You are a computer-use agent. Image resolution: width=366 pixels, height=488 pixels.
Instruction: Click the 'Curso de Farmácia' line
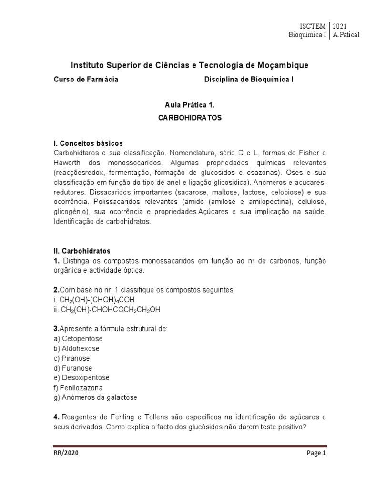(86, 80)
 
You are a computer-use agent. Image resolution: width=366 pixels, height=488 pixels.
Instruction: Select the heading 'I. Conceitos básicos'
(88, 143)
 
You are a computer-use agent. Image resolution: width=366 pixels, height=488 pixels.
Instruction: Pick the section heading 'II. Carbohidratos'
(82, 250)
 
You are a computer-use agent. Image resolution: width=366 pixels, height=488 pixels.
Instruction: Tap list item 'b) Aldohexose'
(76, 348)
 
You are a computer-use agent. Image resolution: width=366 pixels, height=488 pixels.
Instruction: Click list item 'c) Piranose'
(71, 358)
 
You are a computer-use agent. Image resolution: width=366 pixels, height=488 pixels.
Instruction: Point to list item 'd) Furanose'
(73, 368)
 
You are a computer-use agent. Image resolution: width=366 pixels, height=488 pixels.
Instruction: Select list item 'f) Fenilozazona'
(78, 388)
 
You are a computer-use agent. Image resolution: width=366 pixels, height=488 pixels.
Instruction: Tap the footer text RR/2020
(66, 453)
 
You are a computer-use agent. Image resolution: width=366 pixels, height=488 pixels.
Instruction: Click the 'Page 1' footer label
(316, 453)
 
